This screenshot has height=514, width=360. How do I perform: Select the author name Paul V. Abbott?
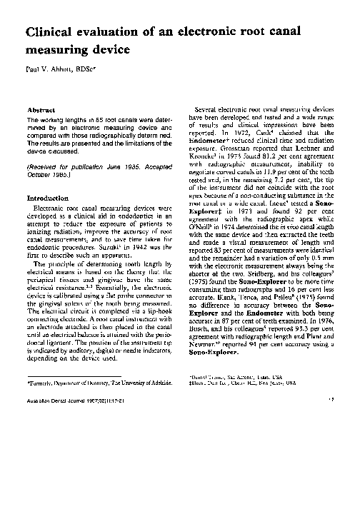(x=54, y=71)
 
